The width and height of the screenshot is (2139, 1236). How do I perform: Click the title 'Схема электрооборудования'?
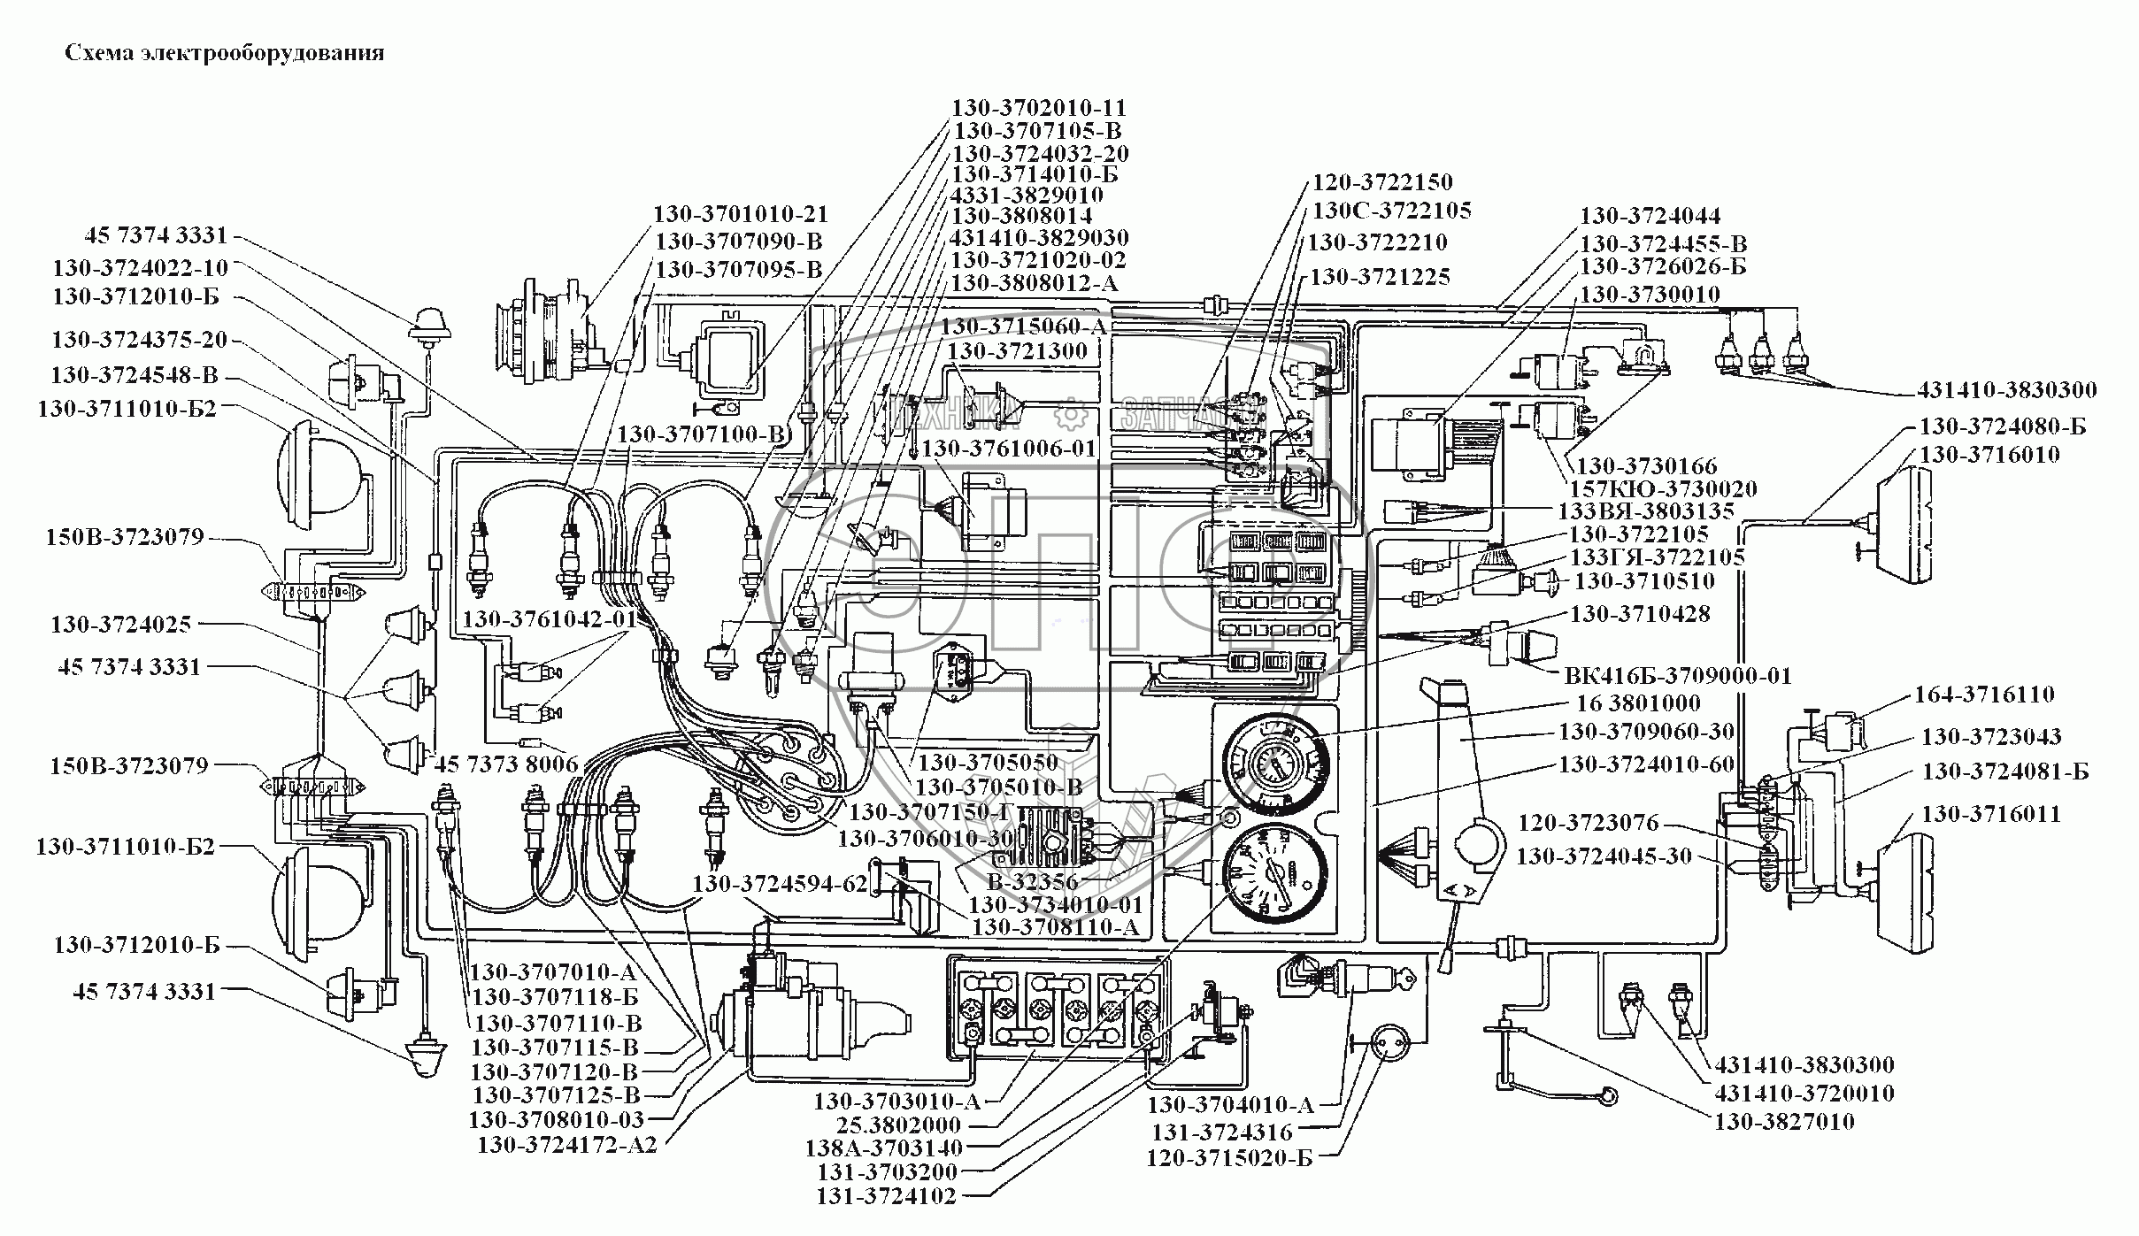pyautogui.click(x=225, y=53)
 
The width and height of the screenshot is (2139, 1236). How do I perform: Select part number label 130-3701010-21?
pyautogui.click(x=741, y=214)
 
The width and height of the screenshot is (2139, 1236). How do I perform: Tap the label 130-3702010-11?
pyautogui.click(x=1038, y=108)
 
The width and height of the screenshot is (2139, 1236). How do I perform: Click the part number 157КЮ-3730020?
pyautogui.click(x=1663, y=488)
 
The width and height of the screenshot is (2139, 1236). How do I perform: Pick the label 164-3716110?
pyautogui.click(x=1984, y=695)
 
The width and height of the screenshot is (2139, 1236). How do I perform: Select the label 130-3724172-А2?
pyautogui.click(x=567, y=1145)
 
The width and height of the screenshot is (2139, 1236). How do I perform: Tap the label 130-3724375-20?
pyautogui.click(x=140, y=340)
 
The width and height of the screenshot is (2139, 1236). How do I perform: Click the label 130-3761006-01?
pyautogui.click(x=1008, y=449)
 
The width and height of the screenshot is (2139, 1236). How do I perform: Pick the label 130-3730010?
pyautogui.click(x=1650, y=294)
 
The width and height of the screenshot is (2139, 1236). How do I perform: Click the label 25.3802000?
pyautogui.click(x=897, y=1125)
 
